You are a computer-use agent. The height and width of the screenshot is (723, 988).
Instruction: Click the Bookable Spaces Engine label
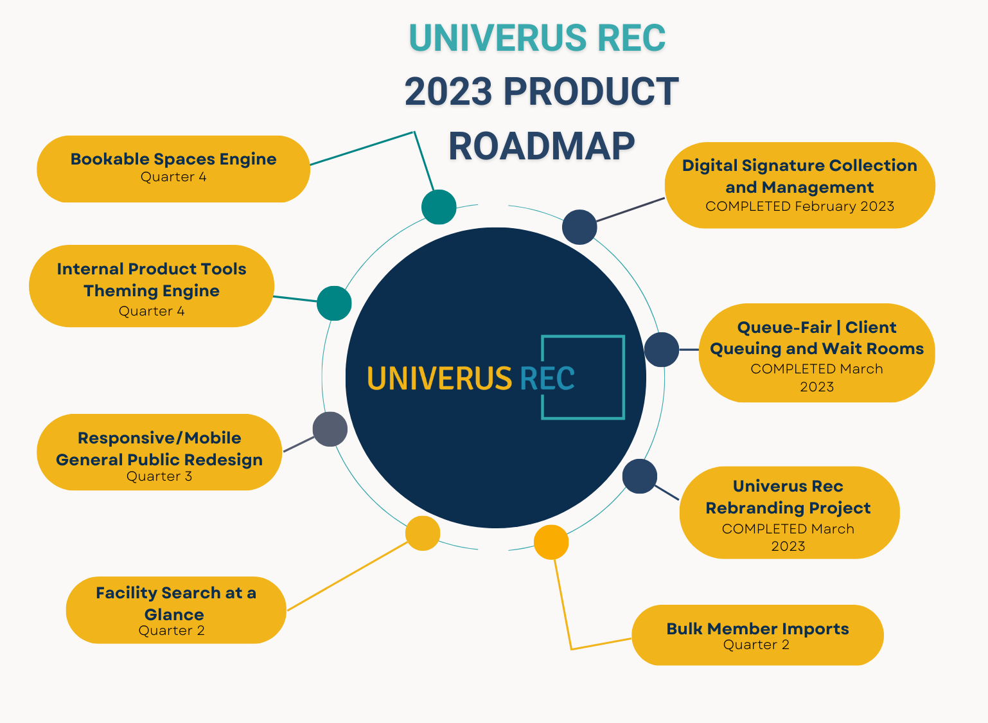pos(173,159)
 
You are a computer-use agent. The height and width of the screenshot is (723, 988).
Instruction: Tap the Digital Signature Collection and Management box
pos(800,185)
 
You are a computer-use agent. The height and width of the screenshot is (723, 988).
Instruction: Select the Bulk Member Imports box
pos(757,635)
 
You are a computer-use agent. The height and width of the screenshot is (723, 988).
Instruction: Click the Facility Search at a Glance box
pos(175,610)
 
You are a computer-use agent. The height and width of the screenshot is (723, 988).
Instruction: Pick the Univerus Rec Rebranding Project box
pos(789,513)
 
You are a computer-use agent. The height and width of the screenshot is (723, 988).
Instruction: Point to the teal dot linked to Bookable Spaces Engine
pos(439,207)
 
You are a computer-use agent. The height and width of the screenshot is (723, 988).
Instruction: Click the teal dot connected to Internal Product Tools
pos(334,303)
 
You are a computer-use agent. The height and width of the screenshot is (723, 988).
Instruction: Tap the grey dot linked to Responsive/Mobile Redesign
pos(330,429)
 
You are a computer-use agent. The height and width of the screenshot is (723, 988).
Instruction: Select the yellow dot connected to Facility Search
pos(423,533)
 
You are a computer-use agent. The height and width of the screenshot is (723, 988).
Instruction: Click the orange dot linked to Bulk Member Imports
pos(551,542)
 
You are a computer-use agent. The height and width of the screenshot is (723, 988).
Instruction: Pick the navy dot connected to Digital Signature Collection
pos(579,227)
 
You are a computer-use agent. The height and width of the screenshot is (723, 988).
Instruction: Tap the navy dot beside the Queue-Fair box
pos(662,350)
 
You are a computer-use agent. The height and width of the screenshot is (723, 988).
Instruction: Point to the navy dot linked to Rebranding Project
pos(640,476)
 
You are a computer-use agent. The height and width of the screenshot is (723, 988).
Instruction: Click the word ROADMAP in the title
pos(542,147)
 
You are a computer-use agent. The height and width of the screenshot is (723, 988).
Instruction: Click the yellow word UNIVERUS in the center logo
pos(439,379)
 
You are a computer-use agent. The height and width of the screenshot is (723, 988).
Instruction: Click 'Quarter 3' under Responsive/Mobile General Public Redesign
pos(159,476)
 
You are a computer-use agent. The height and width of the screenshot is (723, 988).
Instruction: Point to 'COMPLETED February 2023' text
pos(800,206)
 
